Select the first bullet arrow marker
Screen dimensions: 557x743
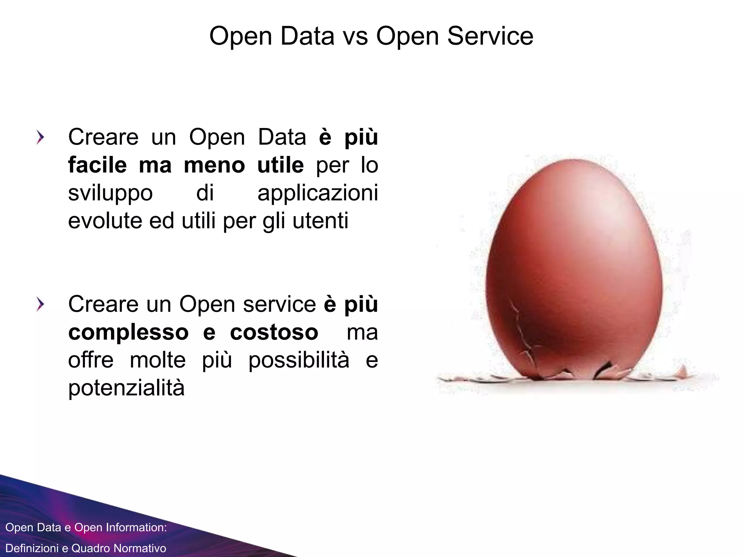coord(40,138)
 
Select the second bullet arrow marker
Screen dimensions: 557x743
coord(40,305)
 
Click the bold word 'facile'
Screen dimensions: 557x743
coord(98,165)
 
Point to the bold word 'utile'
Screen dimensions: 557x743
coord(280,165)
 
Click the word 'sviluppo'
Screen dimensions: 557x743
coord(110,193)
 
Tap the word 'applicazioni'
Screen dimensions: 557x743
coord(317,193)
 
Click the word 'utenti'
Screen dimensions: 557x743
coord(320,220)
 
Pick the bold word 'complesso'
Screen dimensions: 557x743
coord(128,332)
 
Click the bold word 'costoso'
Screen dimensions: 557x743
coord(274,332)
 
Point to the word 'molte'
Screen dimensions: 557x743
coord(158,360)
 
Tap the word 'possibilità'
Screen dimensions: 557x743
coord(299,360)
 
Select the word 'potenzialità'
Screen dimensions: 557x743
coord(126,388)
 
